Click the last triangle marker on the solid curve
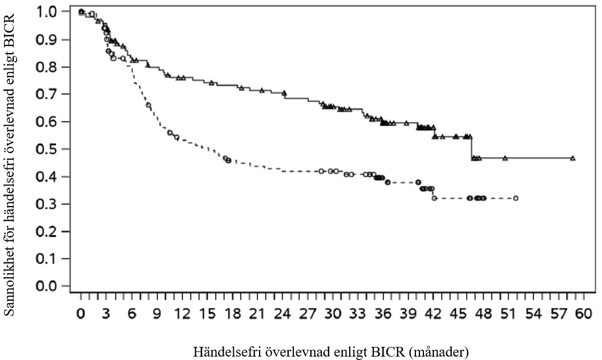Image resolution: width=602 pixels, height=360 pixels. (x=572, y=158)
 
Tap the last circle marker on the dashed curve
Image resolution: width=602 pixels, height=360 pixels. (x=515, y=198)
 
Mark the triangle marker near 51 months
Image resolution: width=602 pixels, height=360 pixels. (x=505, y=158)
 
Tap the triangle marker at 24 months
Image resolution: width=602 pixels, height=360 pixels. (x=284, y=92)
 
